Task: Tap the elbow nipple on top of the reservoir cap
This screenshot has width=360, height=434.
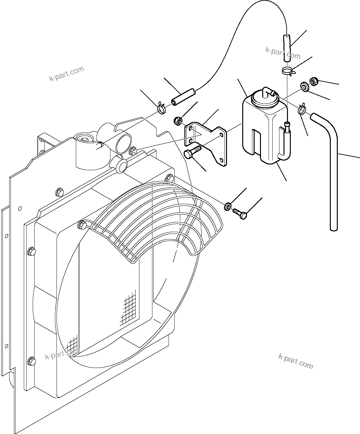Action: pyautogui.click(x=269, y=93)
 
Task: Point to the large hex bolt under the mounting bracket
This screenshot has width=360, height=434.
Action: pyautogui.click(x=190, y=153)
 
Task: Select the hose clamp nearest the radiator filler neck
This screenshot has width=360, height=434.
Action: pyautogui.click(x=162, y=109)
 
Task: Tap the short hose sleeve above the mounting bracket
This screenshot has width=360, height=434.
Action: pyautogui.click(x=183, y=97)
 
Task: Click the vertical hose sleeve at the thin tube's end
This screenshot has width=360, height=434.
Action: pyautogui.click(x=287, y=48)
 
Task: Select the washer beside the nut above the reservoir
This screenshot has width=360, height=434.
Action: pyautogui.click(x=305, y=86)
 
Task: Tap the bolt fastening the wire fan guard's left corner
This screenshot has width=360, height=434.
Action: pyautogui.click(x=82, y=225)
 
